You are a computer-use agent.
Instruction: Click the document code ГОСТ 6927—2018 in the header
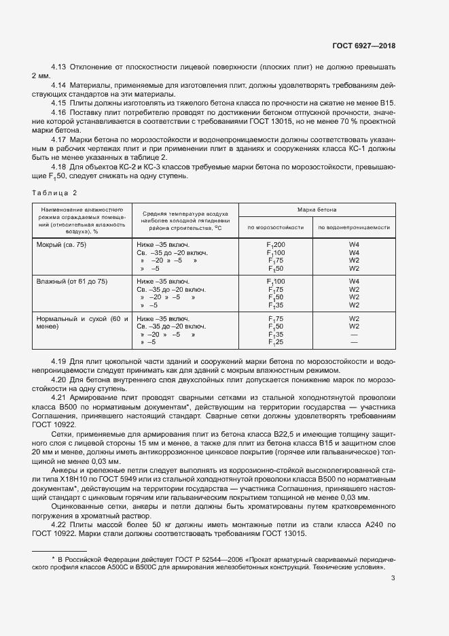[x=363, y=46]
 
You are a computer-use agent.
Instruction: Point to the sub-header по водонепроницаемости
[x=354, y=227]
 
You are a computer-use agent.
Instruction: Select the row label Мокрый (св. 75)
[x=61, y=244]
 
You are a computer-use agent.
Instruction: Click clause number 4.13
[x=58, y=67]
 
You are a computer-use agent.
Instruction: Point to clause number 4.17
[x=58, y=139]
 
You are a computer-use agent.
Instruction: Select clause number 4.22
[x=58, y=526]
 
